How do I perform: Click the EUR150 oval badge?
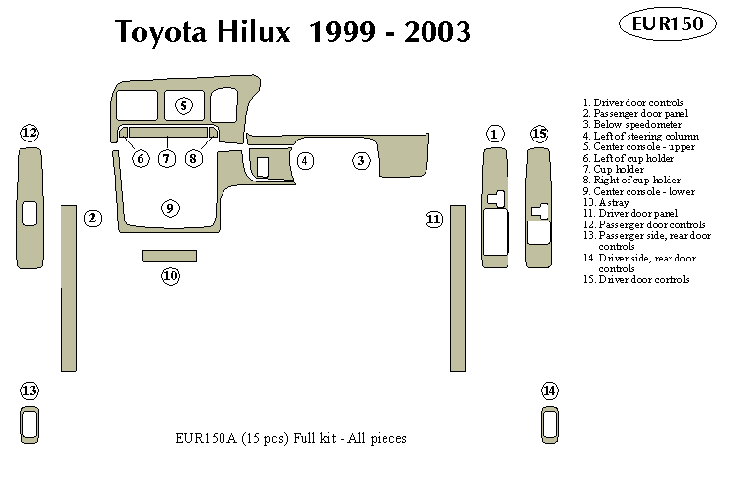pos(669,23)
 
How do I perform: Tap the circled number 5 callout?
pos(183,105)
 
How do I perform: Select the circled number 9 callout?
pos(170,208)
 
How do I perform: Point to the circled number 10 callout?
pos(170,276)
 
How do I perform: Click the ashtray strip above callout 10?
pos(170,256)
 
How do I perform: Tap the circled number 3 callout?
pos(362,160)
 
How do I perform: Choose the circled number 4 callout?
pos(305,160)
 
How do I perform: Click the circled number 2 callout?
pos(92,218)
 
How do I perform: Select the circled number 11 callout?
pos(434,221)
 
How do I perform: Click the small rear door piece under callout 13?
pos(30,424)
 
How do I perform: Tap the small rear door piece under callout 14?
pos(550,424)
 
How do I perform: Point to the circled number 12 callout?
pos(29,133)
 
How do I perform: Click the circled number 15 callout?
pos(539,134)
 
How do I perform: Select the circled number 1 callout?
pos(495,134)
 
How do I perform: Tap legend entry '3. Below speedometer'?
pos(631,125)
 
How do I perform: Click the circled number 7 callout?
pos(167,158)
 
